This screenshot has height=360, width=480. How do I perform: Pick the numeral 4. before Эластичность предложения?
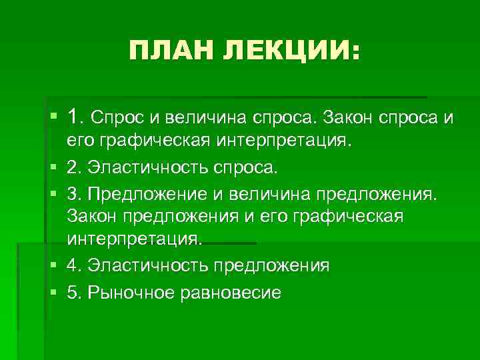coord(74,265)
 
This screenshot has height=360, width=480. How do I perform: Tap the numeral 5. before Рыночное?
coord(74,291)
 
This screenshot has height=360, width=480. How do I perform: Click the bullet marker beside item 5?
coord(53,292)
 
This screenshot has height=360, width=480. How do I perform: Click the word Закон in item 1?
coord(347,119)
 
